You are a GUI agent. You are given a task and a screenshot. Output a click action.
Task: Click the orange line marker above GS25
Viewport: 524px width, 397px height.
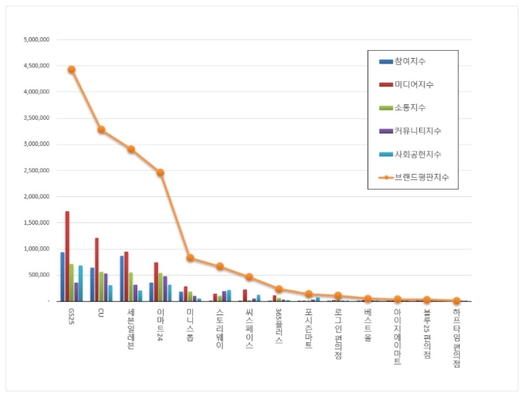(x=71, y=70)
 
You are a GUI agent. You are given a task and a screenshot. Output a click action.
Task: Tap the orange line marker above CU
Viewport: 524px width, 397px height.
(x=101, y=129)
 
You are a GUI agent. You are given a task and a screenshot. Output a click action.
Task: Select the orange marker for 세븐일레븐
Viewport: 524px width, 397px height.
(x=131, y=148)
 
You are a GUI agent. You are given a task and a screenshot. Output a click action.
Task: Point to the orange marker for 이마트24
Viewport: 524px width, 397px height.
(x=160, y=172)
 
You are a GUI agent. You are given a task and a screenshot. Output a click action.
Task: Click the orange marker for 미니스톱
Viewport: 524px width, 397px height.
(x=190, y=257)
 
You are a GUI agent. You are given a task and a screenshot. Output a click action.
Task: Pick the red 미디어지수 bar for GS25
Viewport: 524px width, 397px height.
(x=67, y=256)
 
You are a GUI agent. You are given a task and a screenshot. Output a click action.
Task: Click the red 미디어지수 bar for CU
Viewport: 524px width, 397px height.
(x=97, y=270)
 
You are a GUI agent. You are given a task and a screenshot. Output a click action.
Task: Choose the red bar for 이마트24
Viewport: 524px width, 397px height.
(x=156, y=282)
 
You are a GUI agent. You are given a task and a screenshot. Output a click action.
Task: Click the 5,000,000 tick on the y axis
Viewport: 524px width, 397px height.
(x=37, y=39)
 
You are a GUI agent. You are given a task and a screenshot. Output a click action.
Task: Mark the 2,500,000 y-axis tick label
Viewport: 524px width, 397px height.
(x=37, y=170)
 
